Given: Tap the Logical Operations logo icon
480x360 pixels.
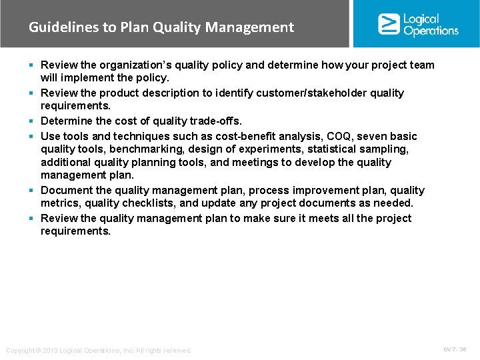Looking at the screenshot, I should pyautogui.click(x=388, y=24).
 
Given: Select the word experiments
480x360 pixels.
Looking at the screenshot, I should pyautogui.click(x=267, y=149).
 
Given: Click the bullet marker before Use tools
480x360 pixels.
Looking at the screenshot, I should pyautogui.click(x=33, y=136).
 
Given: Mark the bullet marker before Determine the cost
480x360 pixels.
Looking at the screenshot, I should pyautogui.click(x=33, y=121).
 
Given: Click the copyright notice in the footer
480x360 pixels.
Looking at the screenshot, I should pyautogui.click(x=98, y=351).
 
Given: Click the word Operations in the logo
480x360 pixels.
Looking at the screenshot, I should pyautogui.click(x=431, y=31).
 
